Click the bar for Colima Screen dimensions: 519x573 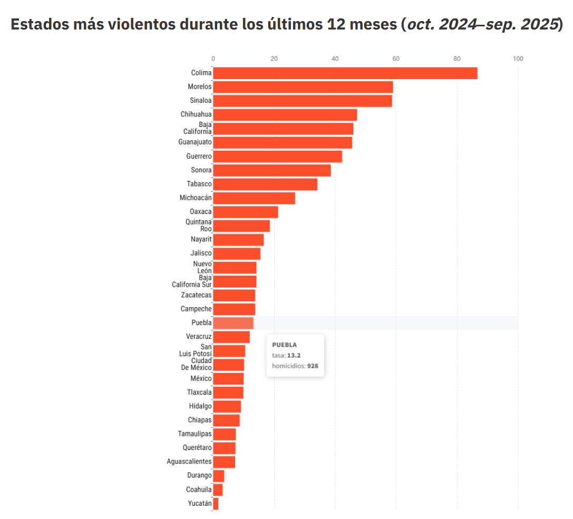pos(345,73)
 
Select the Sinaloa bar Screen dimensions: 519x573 pos(302,101)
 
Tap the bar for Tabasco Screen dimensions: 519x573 pos(265,184)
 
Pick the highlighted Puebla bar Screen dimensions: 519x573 pos(233,323)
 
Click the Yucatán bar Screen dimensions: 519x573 pos(216,504)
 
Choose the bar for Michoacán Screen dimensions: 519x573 pos(254,198)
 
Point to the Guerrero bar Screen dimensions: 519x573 pos(277,156)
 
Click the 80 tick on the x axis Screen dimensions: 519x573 pos(457,58)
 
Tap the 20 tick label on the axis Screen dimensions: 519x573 pos(274,58)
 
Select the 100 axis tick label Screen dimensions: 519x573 pos(518,58)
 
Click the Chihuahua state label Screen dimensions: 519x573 pos(196,114)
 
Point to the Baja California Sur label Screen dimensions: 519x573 pos(192,281)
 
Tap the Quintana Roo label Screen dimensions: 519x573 pos(198,226)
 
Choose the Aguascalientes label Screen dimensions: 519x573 pos(189,462)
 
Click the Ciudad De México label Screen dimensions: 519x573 pos(196,364)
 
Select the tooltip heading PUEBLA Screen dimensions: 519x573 pos(284,345)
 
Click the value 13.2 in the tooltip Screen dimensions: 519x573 pos(294,355)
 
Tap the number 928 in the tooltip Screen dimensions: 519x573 pos(313,366)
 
